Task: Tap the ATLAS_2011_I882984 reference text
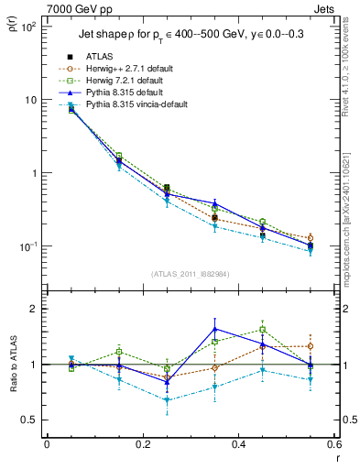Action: [x=190, y=274]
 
